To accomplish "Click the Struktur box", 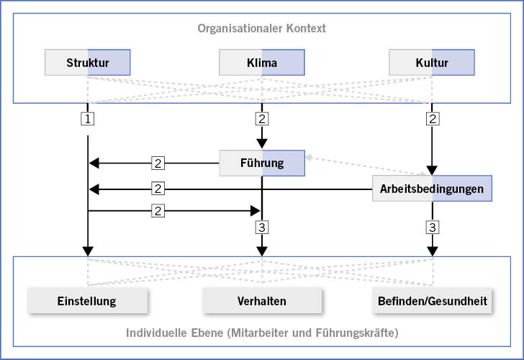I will tap(88, 63).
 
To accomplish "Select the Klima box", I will tap(262, 63).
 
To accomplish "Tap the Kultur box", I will tap(432, 63).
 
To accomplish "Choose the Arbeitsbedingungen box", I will tap(432, 189).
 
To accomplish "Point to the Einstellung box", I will tap(87, 301).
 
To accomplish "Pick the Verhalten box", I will tap(262, 301).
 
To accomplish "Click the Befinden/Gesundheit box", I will tap(432, 301).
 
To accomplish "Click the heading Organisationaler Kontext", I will tap(262, 29).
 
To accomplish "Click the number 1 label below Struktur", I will tap(88, 117).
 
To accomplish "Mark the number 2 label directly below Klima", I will tap(262, 117).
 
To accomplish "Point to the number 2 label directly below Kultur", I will tap(433, 117).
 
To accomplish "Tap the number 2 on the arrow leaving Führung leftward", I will tap(158, 163).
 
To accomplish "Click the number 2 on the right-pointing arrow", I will tap(158, 211).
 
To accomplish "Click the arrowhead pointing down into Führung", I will tap(262, 143).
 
